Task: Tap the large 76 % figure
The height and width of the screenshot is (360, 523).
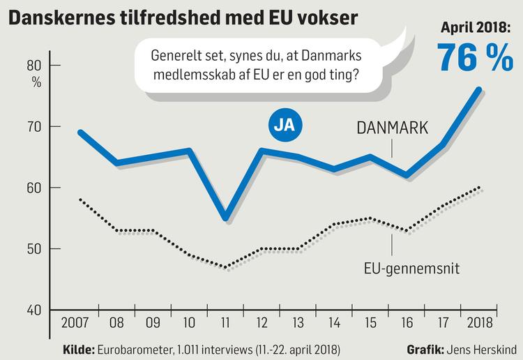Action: click(x=473, y=58)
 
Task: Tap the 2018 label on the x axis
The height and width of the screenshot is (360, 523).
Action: click(x=478, y=324)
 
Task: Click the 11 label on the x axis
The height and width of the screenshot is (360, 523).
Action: click(x=225, y=324)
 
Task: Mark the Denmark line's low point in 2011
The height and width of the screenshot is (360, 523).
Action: click(x=225, y=219)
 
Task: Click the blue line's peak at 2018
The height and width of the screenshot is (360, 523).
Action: click(x=478, y=89)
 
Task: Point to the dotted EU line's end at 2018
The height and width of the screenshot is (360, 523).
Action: click(x=478, y=188)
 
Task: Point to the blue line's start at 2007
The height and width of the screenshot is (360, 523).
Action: click(x=79, y=132)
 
